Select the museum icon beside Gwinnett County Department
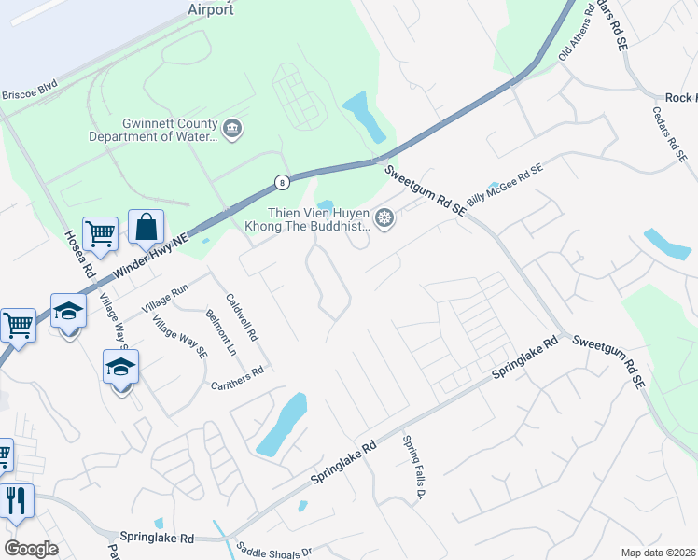pos(232,128)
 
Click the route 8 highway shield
pos(281,181)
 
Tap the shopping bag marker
pos(146,227)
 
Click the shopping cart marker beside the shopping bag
pos(100,234)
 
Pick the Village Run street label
pos(165,298)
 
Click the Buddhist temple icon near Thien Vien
pos(384,219)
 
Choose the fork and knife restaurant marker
pos(16,500)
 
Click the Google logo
pos(31,549)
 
